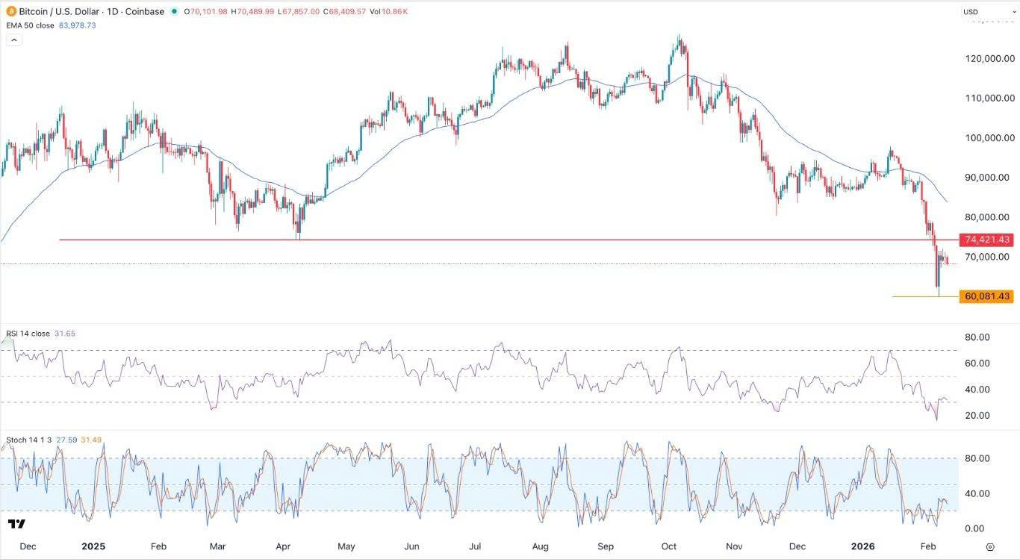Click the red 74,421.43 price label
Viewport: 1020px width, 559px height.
[987, 240]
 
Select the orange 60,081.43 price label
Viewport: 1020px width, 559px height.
[987, 296]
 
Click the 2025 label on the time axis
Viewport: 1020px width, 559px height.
[93, 546]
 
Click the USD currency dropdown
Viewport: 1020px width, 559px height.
[986, 12]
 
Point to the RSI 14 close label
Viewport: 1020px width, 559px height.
[28, 334]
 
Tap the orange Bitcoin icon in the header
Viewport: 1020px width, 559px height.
[11, 12]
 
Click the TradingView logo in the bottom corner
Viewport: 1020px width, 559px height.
[16, 523]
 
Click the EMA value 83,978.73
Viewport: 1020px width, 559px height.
[77, 25]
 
